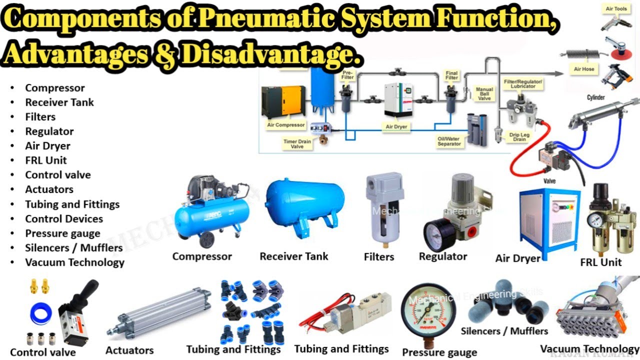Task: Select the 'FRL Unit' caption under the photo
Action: [601, 262]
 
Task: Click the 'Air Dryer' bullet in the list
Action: [47, 146]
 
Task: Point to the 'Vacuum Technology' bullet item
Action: [74, 262]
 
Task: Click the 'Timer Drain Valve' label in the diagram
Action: [297, 144]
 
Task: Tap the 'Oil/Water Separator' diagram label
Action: [449, 141]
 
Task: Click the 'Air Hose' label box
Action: [584, 69]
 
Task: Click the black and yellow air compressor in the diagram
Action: [283, 102]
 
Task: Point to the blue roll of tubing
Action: [40, 313]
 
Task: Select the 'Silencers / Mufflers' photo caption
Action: [504, 331]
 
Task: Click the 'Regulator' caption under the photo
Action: [442, 256]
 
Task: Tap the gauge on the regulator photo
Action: [438, 232]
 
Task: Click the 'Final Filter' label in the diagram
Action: [451, 75]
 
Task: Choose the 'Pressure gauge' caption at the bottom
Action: [439, 352]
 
